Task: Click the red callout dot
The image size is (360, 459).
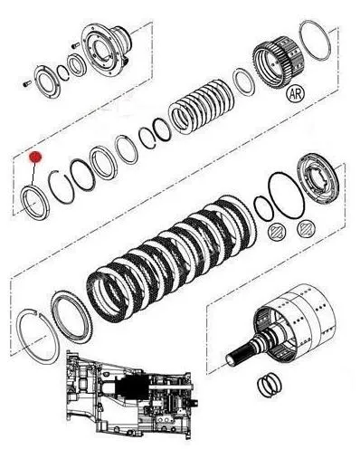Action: tap(35, 157)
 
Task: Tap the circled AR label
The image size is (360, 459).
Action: tap(295, 93)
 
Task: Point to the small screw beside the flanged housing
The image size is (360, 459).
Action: tap(75, 45)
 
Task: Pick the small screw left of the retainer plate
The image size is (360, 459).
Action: tap(27, 82)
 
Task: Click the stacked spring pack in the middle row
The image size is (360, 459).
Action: tap(201, 107)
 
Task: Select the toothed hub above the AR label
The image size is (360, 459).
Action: tap(278, 62)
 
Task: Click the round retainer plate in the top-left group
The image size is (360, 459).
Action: tap(47, 81)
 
